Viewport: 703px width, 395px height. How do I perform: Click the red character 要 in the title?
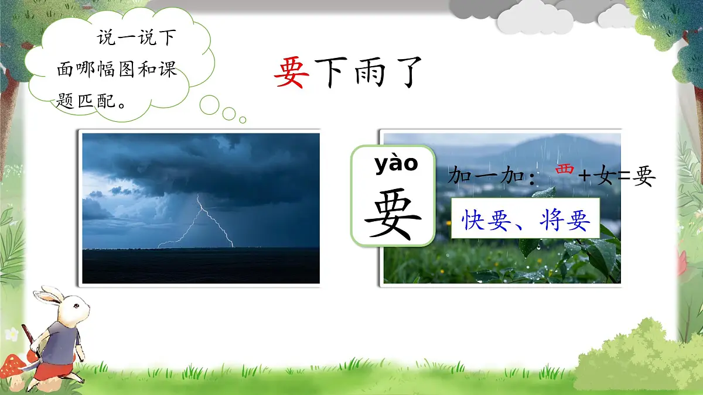click(x=291, y=73)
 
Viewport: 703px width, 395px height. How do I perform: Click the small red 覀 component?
click(x=564, y=169)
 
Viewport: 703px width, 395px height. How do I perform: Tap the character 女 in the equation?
click(x=604, y=175)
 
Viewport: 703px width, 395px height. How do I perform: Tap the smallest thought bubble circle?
click(x=243, y=120)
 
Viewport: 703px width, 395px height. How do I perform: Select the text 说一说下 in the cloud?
click(x=136, y=39)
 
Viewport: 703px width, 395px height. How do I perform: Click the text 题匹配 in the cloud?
click(x=85, y=101)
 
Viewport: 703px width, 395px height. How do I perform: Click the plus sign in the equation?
click(x=585, y=175)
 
